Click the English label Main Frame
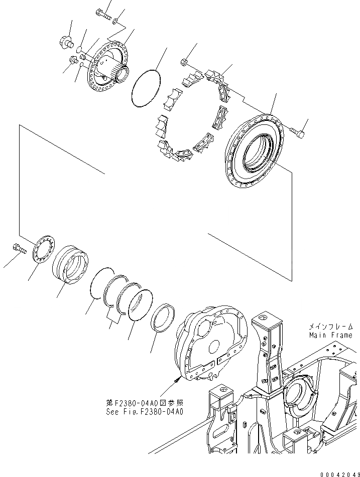click(x=330, y=335)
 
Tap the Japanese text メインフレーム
click(x=330, y=326)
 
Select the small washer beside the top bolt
click(x=116, y=21)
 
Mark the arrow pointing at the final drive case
click(x=176, y=381)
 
